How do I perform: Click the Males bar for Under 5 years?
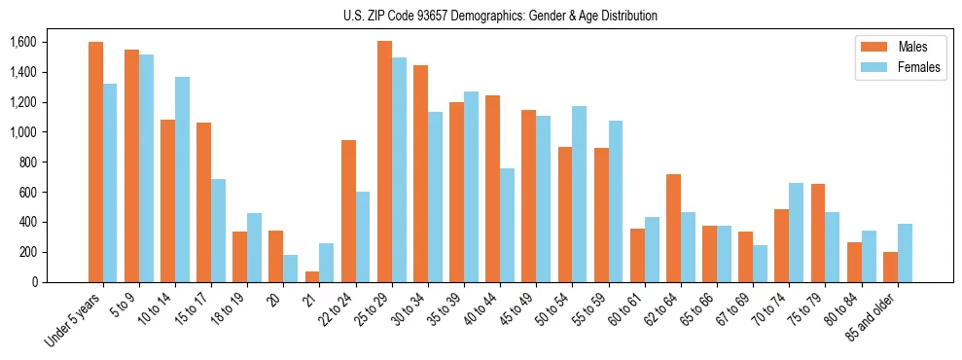coord(95,162)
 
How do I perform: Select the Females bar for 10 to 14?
coord(183,179)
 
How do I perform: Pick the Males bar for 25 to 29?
coord(384,162)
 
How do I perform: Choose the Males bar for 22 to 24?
coord(348,211)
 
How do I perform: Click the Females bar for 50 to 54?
coord(580,194)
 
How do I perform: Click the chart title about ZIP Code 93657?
coord(500,16)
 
